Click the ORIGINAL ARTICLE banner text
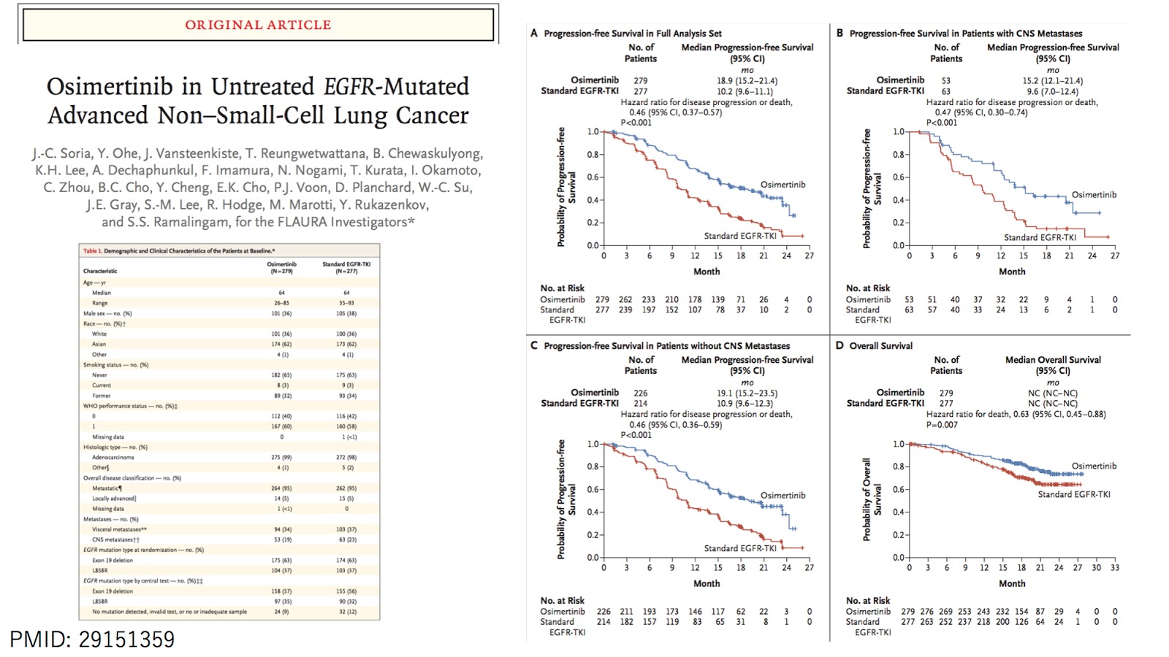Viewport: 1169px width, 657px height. click(x=258, y=25)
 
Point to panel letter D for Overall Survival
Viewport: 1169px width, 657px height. click(x=839, y=345)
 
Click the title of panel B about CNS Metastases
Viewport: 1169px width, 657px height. click(x=965, y=34)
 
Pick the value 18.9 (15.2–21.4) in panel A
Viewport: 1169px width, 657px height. click(x=747, y=81)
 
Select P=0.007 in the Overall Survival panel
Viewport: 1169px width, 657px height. click(x=942, y=425)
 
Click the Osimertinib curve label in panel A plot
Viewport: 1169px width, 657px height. click(x=782, y=185)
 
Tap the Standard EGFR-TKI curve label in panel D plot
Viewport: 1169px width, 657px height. click(x=1073, y=494)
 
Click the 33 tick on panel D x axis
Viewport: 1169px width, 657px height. click(x=1114, y=568)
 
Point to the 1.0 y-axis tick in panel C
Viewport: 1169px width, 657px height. click(x=593, y=444)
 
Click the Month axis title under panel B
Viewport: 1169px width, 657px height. click(x=1012, y=272)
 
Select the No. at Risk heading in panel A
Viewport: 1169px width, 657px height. click(x=562, y=288)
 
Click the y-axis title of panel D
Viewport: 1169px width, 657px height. click(x=872, y=499)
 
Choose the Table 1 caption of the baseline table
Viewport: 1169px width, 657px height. click(x=178, y=251)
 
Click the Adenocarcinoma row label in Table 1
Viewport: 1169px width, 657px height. click(x=113, y=458)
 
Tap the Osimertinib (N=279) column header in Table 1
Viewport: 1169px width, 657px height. click(x=281, y=267)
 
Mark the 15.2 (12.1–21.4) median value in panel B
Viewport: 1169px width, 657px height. click(x=1052, y=81)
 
